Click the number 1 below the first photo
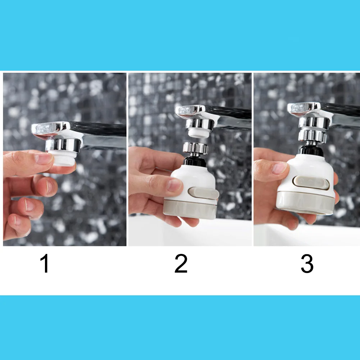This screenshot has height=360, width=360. point(45,264)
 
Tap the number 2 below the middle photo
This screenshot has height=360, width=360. point(181,264)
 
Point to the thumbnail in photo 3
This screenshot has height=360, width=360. point(279,167)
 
